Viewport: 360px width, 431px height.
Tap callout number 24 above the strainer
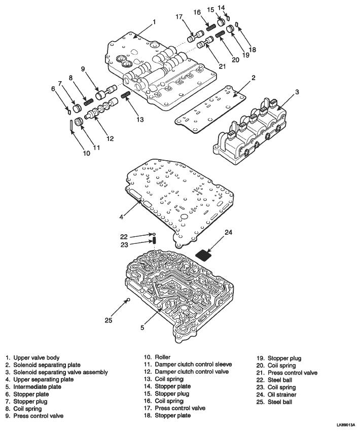click(x=228, y=233)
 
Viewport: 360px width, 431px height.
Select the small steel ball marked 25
click(x=128, y=299)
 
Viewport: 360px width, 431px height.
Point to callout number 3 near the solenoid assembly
click(x=297, y=92)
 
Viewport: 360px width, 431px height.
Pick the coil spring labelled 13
click(x=125, y=94)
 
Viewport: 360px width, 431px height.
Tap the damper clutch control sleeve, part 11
click(x=80, y=122)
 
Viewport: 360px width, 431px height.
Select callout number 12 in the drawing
click(x=110, y=139)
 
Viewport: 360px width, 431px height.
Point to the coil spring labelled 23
click(x=155, y=240)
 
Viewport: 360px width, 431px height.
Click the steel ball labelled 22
click(x=154, y=234)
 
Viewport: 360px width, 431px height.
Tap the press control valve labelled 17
click(x=195, y=37)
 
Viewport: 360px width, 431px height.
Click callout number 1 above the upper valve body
click(x=154, y=22)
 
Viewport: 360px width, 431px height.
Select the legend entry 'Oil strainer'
click(x=282, y=394)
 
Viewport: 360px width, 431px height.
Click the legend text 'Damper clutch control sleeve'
click(x=193, y=365)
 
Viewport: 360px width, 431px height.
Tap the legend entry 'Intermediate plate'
click(x=38, y=387)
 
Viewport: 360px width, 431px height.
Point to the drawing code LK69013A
click(x=347, y=425)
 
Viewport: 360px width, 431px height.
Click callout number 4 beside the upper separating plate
click(x=122, y=217)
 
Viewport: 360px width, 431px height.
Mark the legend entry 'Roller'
click(x=163, y=357)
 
